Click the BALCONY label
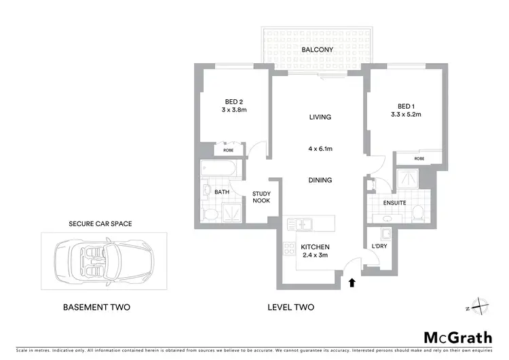316,50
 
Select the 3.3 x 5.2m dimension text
406,115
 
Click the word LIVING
320,117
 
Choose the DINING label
320,180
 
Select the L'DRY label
379,246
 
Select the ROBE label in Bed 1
420,158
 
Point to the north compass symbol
479,307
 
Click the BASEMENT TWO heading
96,307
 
